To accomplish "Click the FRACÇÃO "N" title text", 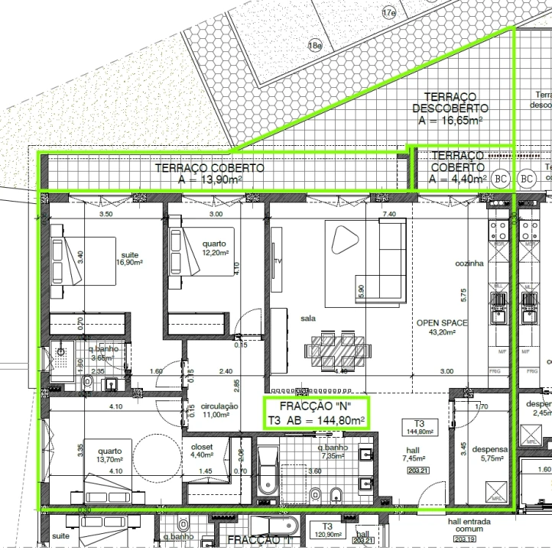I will pos(316,405).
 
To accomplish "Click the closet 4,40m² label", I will pos(203,451).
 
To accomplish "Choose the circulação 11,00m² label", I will pos(219,411).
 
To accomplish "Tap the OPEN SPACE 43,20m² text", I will pos(441,328).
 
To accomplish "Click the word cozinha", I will pos(469,264).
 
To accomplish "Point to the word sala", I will pos(309,318).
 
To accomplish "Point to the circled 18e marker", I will pos(314,46).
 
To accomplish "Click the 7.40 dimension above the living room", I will pos(388,214).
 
